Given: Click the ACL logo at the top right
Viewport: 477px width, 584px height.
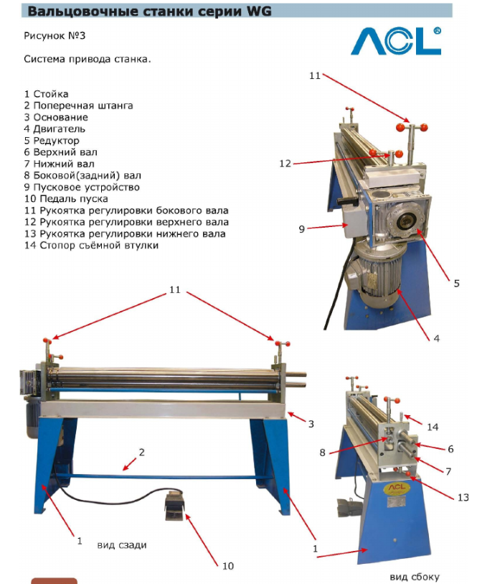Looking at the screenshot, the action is (397, 41).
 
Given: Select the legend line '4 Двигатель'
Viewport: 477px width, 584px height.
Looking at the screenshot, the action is (55, 129).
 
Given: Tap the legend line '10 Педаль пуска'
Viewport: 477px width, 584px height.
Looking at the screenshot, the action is (66, 199).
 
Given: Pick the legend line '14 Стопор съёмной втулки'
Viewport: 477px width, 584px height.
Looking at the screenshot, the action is (92, 246).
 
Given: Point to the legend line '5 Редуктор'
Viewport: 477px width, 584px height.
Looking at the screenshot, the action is (52, 141).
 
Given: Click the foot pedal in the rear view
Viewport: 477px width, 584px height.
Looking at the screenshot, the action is (174, 504).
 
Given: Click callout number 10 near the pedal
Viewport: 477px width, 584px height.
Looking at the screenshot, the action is (228, 566).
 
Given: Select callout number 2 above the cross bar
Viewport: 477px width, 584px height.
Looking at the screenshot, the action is (141, 452).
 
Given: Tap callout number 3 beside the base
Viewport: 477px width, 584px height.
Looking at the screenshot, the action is (311, 424).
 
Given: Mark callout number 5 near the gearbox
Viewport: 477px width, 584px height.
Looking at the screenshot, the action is (456, 284).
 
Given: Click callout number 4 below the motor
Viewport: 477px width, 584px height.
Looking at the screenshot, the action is (437, 338).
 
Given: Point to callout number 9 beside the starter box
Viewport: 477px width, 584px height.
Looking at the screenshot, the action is (302, 229).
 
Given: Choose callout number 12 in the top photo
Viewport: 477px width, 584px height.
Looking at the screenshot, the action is (285, 164).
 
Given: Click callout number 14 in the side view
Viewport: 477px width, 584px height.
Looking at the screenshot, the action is (433, 427).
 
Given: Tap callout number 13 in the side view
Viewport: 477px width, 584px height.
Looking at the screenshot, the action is (463, 498).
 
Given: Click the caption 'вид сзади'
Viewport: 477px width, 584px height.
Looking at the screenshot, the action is (122, 545).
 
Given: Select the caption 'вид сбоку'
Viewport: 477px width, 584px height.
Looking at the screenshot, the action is (415, 577).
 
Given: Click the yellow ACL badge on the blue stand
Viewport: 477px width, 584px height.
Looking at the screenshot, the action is (397, 488).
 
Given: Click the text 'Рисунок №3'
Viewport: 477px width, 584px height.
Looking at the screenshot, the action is (55, 36).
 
